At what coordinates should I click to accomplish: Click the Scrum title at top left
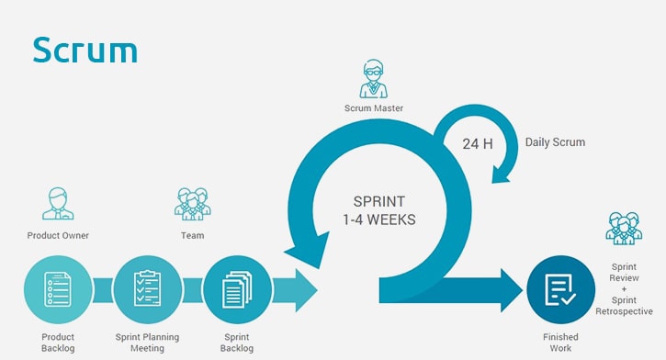coord(85,50)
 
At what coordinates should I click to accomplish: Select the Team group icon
coord(192,204)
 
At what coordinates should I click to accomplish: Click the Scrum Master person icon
coord(374,79)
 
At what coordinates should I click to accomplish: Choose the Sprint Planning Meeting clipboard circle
coord(147,290)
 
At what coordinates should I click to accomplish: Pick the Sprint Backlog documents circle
coord(237,290)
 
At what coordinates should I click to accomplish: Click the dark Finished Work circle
coord(561,290)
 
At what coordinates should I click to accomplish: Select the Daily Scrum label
coord(555,142)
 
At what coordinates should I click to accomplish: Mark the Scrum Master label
coord(374,109)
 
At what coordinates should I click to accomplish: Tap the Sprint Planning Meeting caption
coord(147,343)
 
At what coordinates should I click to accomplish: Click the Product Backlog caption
coord(58,343)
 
